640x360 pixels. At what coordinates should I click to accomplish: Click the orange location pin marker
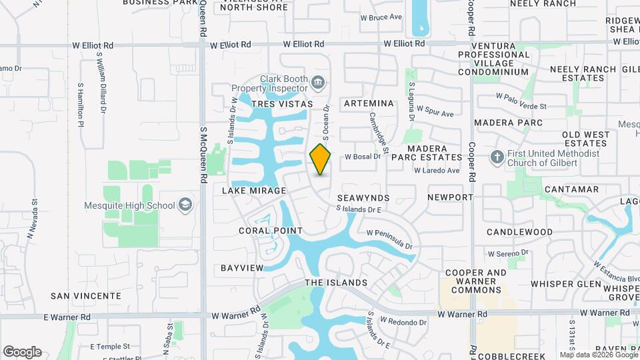pos(321,159)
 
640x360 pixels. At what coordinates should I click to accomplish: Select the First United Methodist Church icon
pos(497,157)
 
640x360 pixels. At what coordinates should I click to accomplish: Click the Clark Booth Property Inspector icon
pos(318,83)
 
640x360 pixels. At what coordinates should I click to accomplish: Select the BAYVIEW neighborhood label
pos(242,267)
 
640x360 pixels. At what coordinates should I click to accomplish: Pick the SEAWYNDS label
pos(363,198)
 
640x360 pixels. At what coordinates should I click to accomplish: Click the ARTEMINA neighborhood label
pos(369,103)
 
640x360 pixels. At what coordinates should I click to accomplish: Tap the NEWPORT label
pos(450,197)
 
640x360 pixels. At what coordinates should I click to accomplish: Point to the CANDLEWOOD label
pos(519,232)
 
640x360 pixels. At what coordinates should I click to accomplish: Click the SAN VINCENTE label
pos(86,295)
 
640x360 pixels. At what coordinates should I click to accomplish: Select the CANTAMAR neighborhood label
pos(571,189)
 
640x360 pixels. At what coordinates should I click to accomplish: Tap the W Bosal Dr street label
pos(362,157)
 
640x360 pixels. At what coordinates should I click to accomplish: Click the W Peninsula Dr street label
pos(390,239)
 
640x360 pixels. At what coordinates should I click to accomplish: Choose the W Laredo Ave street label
pos(437,171)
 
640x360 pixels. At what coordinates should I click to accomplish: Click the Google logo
pos(22,351)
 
